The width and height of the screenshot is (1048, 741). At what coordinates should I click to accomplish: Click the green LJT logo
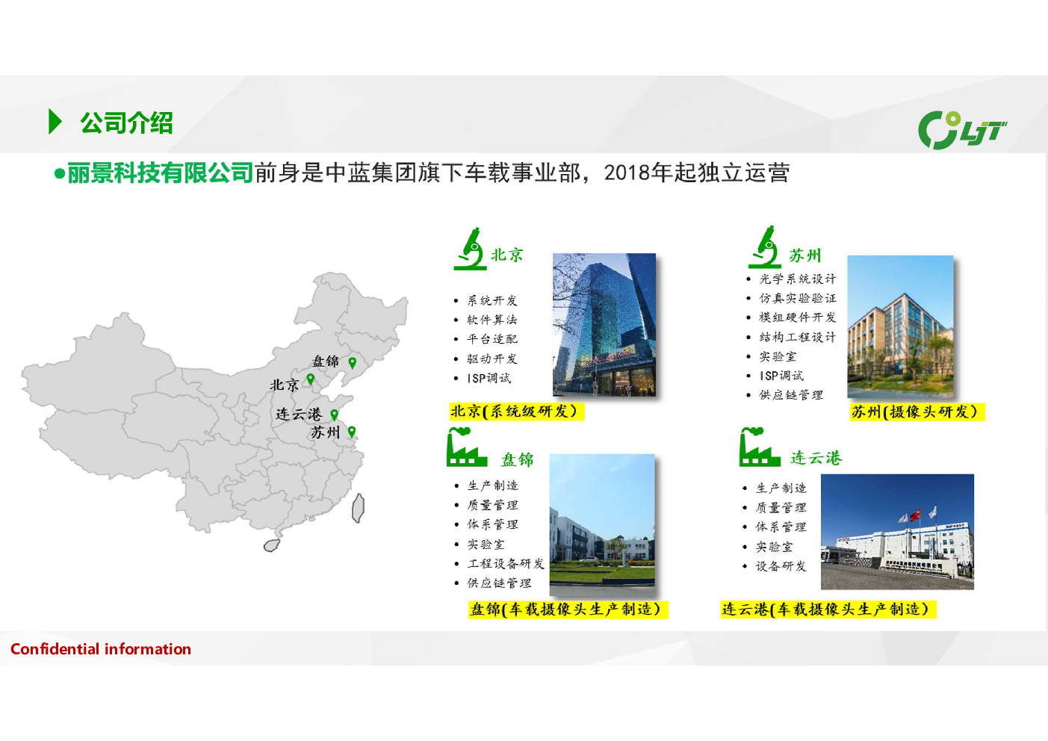[961, 130]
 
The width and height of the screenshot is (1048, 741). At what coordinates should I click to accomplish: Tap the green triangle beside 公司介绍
[55, 122]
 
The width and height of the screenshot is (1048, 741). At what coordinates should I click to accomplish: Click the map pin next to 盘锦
[353, 362]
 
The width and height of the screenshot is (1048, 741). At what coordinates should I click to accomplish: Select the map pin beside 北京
[310, 379]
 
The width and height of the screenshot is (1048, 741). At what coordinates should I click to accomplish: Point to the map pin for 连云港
[334, 415]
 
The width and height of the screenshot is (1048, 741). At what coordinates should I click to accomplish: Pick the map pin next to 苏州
[351, 432]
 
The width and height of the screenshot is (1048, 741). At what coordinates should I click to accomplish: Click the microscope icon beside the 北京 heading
[470, 249]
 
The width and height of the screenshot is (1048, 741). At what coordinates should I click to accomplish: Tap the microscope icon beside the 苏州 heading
[764, 247]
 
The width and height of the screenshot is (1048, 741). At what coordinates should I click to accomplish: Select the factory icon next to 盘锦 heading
[466, 447]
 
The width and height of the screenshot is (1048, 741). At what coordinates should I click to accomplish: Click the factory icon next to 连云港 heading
[760, 447]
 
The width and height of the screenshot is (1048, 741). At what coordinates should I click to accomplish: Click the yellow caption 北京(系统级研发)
[516, 412]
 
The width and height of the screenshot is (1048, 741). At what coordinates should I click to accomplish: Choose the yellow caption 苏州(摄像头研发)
[917, 412]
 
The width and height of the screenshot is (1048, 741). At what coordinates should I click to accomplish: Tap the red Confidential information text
[101, 649]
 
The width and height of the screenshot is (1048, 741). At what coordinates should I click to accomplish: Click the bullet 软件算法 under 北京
[492, 320]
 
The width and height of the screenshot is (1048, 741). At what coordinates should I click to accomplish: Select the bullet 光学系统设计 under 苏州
[797, 279]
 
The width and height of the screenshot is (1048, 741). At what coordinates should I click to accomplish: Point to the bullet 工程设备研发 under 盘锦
[506, 564]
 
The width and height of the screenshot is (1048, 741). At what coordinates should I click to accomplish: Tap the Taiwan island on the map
[358, 508]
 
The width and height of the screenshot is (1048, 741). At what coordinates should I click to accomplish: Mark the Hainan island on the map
[272, 545]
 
